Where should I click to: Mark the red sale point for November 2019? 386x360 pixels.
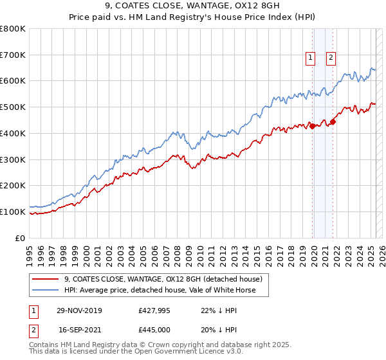[x=313, y=126]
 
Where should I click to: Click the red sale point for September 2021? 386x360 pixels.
[x=333, y=122]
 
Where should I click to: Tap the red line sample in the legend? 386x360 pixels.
[x=46, y=280]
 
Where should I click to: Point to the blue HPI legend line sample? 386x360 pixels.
[x=46, y=291]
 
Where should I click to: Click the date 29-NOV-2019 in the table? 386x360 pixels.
[x=78, y=310]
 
